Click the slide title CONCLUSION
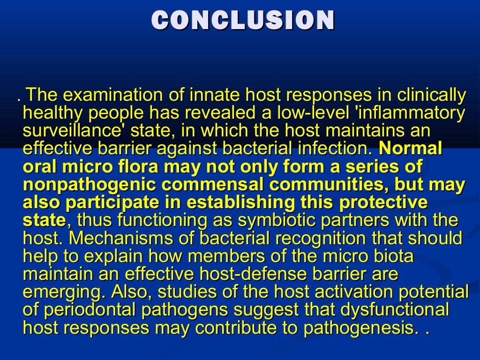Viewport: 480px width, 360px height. tap(243, 21)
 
